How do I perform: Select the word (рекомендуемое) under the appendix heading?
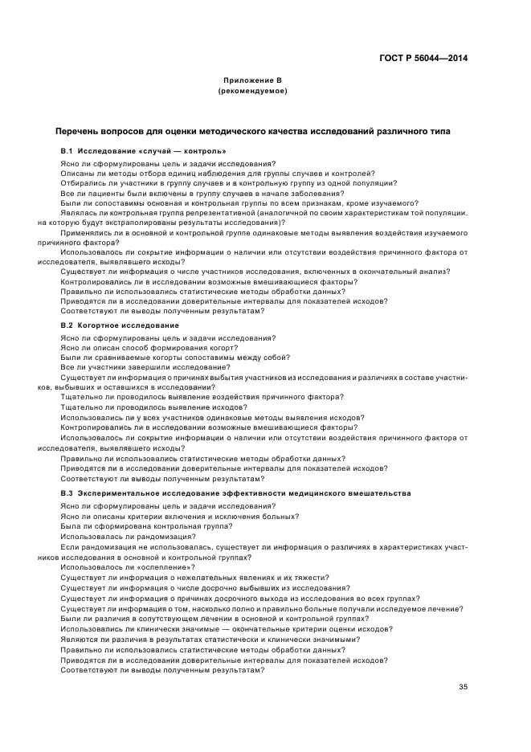point(251,91)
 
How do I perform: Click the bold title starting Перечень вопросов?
point(252,130)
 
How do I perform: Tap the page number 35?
point(463,686)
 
